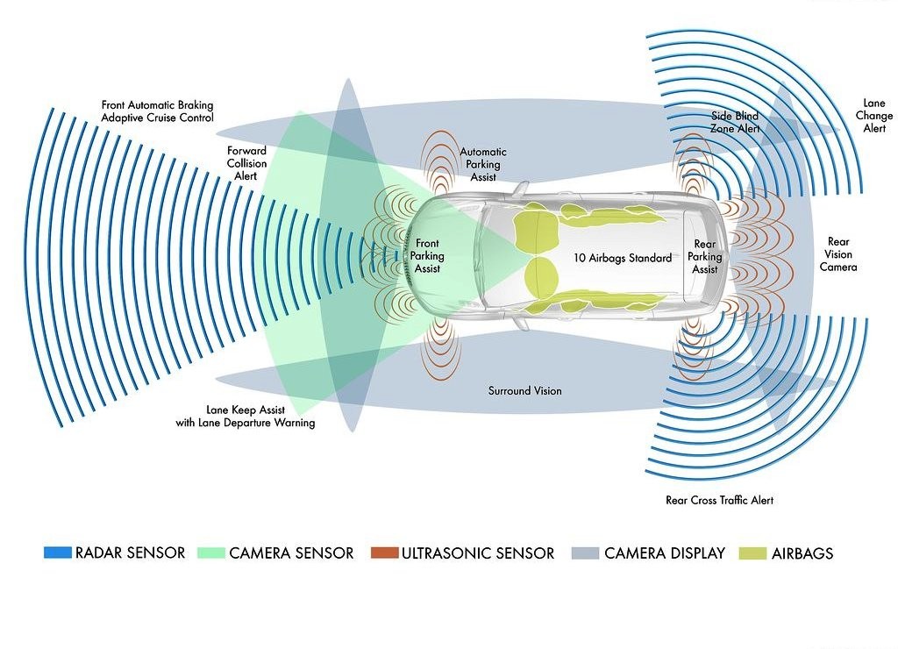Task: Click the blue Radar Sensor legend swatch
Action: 57,553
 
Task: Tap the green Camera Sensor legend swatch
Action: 210,553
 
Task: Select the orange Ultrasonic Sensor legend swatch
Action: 384,553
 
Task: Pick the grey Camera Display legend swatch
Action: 585,553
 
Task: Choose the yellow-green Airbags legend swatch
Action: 752,553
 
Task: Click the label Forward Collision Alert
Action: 246,163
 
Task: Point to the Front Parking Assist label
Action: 427,256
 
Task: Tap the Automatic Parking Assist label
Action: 483,164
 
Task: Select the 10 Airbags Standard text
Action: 623,258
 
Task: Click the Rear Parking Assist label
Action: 705,257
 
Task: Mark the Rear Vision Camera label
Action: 838,254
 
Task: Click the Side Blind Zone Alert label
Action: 736,122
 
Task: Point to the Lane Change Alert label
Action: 874,116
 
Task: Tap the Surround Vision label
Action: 524,390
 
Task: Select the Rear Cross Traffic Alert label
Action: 719,500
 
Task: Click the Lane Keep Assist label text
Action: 246,410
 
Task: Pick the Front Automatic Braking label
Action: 157,105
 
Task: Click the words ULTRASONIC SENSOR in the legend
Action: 478,553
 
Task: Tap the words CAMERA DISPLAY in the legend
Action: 665,553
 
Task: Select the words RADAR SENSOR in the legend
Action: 130,553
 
